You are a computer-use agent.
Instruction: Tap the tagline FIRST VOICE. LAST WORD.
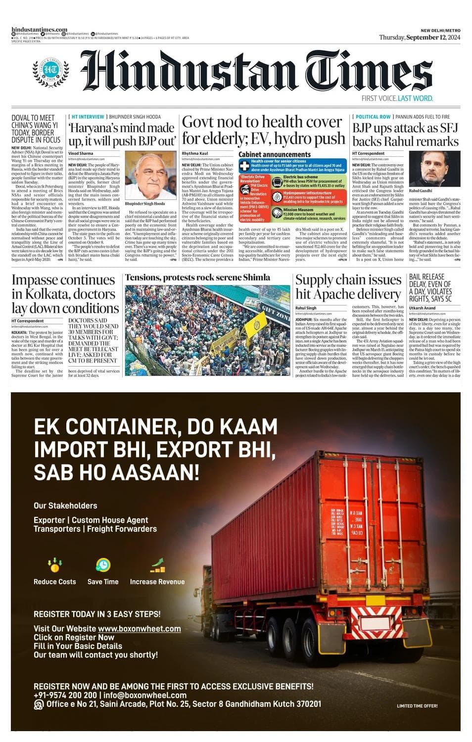coord(397,98)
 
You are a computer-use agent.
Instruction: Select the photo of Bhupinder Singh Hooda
coord(150,175)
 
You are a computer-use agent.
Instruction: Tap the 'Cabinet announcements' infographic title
coord(275,154)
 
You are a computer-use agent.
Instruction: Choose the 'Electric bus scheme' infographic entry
coord(300,177)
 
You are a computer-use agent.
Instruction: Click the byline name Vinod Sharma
coord(81,154)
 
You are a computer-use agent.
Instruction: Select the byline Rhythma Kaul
coord(195,154)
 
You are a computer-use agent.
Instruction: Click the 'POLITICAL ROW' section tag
coord(373,117)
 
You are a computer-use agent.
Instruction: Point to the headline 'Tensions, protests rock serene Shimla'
coord(197,278)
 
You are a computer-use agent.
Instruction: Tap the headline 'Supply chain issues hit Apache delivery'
coord(348,287)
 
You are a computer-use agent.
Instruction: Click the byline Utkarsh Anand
coord(423,308)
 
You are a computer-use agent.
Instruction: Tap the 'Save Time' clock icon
coord(103,564)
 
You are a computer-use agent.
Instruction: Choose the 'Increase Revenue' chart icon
coord(157,565)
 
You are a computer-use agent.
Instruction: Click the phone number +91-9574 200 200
coord(65,695)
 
